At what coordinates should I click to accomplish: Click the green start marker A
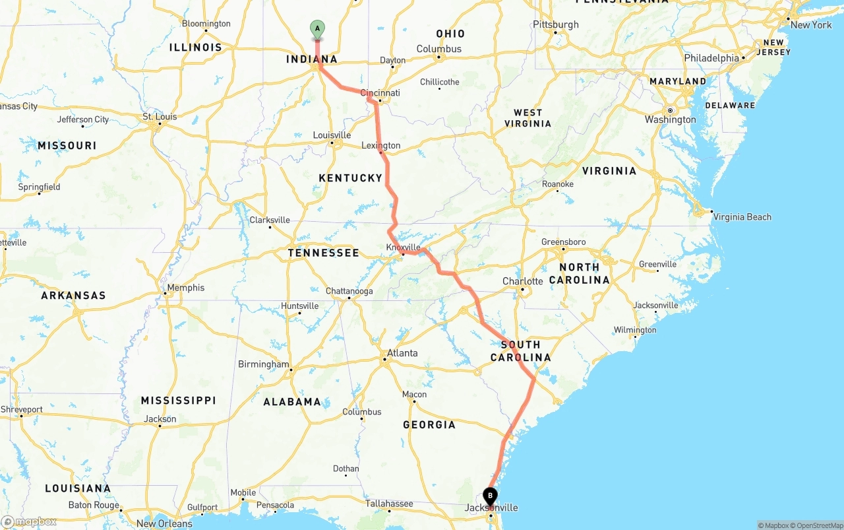point(317,29)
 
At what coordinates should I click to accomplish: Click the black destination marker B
point(490,496)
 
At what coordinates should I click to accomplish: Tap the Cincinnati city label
point(380,93)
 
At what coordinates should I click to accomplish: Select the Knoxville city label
point(403,248)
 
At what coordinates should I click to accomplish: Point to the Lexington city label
point(381,145)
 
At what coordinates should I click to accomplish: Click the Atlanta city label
point(402,353)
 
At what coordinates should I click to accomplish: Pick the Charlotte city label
point(523,281)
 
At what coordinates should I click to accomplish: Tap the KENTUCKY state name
point(350,178)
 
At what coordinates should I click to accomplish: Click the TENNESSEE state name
point(324,252)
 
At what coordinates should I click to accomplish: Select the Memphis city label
point(186,288)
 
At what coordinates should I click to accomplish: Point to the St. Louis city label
point(160,117)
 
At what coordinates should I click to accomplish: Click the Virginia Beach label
point(742,216)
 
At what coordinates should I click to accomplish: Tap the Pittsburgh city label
point(556,24)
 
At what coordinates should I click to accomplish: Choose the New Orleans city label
point(164,523)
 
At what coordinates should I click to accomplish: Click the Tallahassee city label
point(390,504)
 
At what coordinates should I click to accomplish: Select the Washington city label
point(670,119)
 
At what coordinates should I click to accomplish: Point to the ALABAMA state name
point(292,401)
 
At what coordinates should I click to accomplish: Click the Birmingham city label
point(264,364)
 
